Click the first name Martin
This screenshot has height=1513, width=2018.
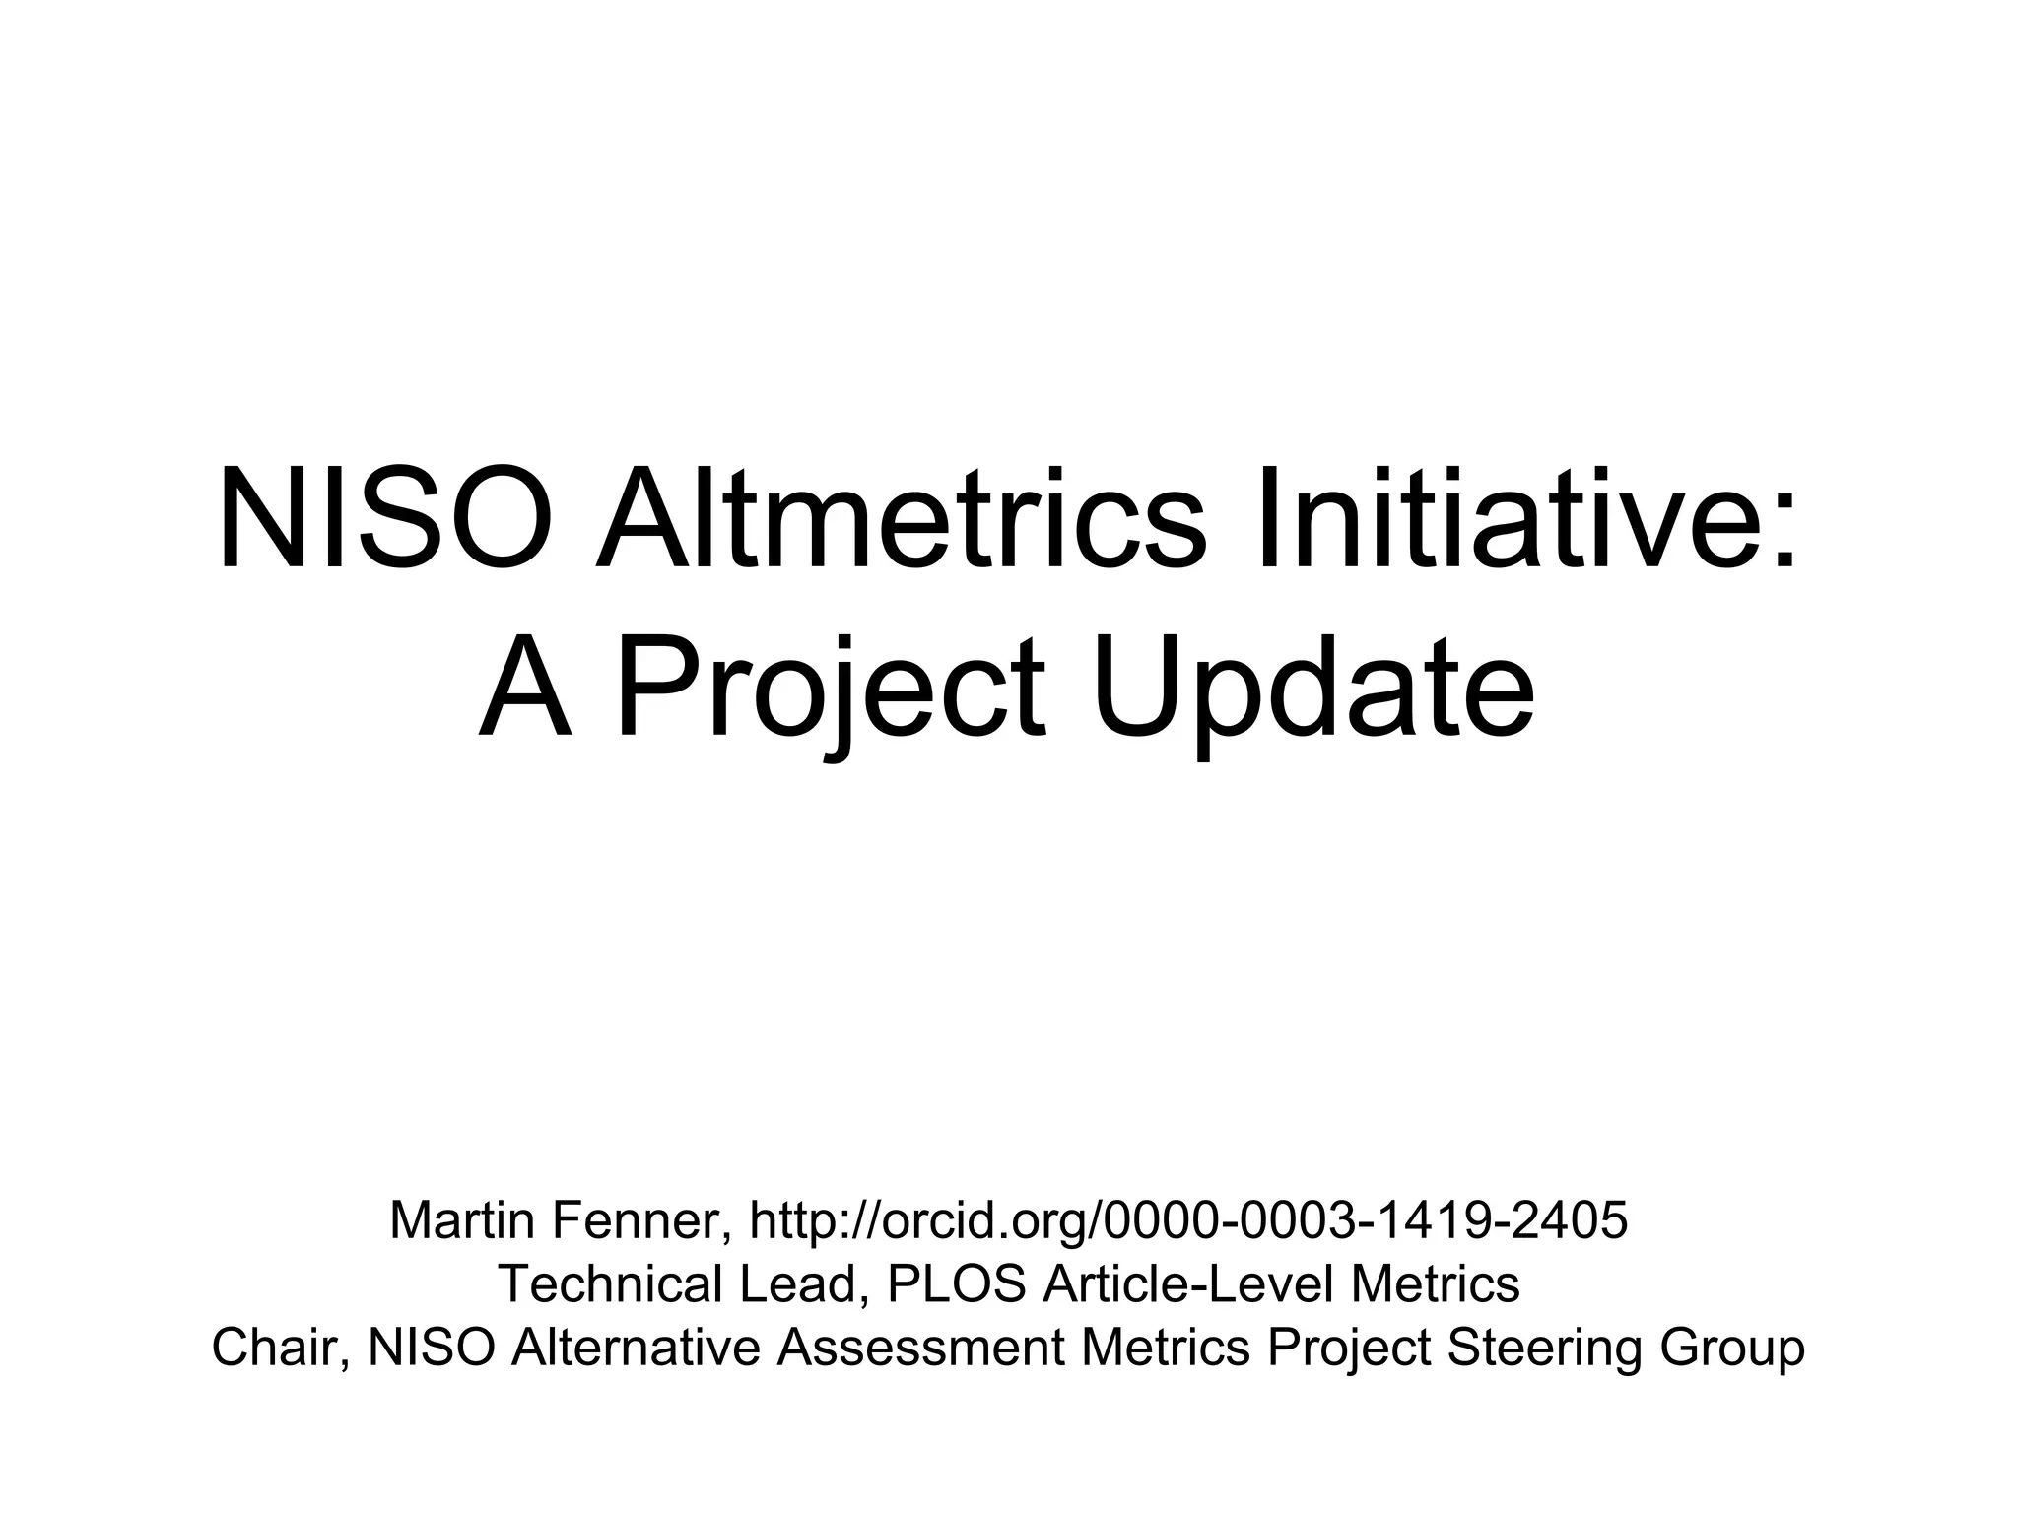click(462, 1220)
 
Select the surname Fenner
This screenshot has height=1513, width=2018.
click(640, 1220)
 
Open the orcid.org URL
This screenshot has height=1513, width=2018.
click(1188, 1220)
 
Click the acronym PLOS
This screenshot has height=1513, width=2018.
click(956, 1284)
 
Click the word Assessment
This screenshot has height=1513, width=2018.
click(920, 1349)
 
